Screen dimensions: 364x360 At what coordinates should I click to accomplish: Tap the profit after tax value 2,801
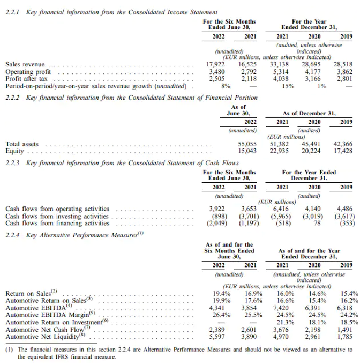coord(343,78)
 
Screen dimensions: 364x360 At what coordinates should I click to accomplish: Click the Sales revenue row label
coord(25,64)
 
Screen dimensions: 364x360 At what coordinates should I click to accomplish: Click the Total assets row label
coord(22,144)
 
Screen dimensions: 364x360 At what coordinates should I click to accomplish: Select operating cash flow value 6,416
coord(282,209)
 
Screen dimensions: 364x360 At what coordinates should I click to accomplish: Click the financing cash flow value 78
coord(316,222)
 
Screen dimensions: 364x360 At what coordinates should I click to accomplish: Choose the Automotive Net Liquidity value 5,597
coord(218,336)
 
